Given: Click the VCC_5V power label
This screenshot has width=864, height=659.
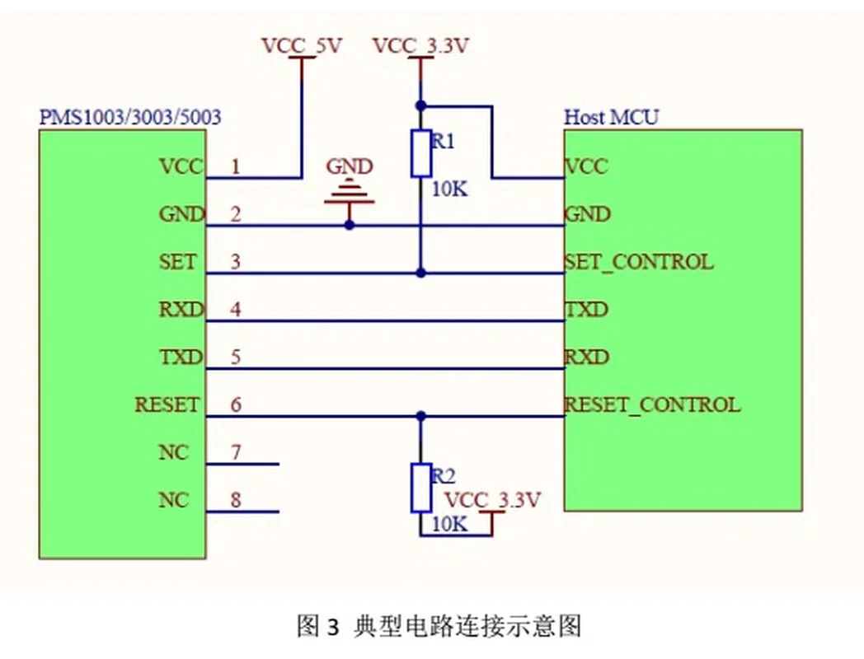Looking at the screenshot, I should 301,47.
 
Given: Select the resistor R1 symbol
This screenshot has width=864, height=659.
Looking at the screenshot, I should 421,153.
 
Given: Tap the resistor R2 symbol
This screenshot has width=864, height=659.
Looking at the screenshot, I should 421,488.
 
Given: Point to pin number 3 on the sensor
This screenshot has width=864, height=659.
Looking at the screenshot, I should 235,263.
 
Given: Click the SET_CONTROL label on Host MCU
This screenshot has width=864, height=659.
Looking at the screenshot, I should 638,263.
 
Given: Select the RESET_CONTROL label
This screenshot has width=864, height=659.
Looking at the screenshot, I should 652,405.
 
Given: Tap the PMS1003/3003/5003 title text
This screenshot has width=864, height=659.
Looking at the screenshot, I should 130,117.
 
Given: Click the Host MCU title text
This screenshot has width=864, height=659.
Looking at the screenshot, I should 611,117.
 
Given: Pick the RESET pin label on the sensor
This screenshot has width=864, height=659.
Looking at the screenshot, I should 167,405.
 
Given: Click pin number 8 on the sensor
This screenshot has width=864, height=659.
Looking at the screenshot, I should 235,500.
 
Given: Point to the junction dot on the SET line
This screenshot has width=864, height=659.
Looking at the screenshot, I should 421,273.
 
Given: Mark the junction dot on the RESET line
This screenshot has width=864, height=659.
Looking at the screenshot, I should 421,416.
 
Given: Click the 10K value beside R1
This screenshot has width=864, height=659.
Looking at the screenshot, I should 449,189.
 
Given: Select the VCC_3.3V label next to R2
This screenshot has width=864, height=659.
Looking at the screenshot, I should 492,500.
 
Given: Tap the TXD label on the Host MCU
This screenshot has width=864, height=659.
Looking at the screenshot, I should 586,311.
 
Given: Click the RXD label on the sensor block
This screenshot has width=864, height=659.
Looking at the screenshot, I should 181,311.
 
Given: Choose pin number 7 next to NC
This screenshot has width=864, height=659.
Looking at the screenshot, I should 235,453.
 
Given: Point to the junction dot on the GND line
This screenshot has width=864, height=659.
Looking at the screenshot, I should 350,224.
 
